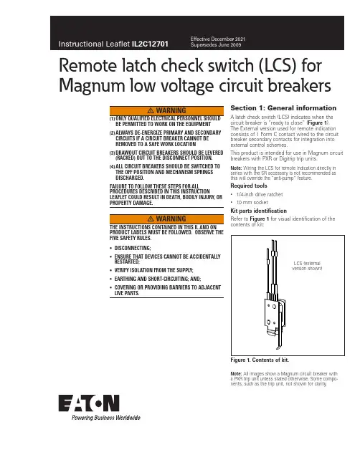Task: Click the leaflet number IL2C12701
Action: pyautogui.click(x=150, y=44)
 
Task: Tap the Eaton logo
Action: pyautogui.click(x=89, y=403)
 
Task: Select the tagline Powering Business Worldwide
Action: pyautogui.click(x=105, y=418)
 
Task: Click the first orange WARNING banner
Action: pyautogui.click(x=166, y=110)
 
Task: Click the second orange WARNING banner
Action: pyautogui.click(x=166, y=219)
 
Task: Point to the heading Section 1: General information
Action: pyautogui.click(x=283, y=108)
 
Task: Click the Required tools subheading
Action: pyautogui.click(x=249, y=186)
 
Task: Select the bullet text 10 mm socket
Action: pyautogui.click(x=252, y=202)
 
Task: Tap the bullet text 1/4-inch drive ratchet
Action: pyautogui.click(x=260, y=195)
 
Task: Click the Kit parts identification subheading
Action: pyautogui.click(x=258, y=211)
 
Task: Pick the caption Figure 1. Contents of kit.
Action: pyautogui.click(x=260, y=360)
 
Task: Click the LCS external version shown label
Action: pyautogui.click(x=307, y=266)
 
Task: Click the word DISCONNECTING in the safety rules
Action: pyautogui.click(x=133, y=248)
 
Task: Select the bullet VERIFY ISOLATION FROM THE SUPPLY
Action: pyautogui.click(x=153, y=270)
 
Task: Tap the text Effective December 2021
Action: pyautogui.click(x=218, y=39)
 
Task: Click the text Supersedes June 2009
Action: pyautogui.click(x=216, y=44)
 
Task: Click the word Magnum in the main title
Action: pyautogui.click(x=93, y=86)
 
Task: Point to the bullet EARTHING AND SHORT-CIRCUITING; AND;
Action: pyautogui.click(x=158, y=279)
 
